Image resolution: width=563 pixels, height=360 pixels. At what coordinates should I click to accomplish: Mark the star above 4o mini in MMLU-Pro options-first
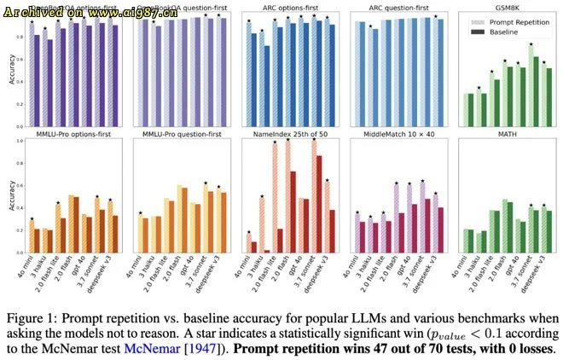click(x=32, y=219)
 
